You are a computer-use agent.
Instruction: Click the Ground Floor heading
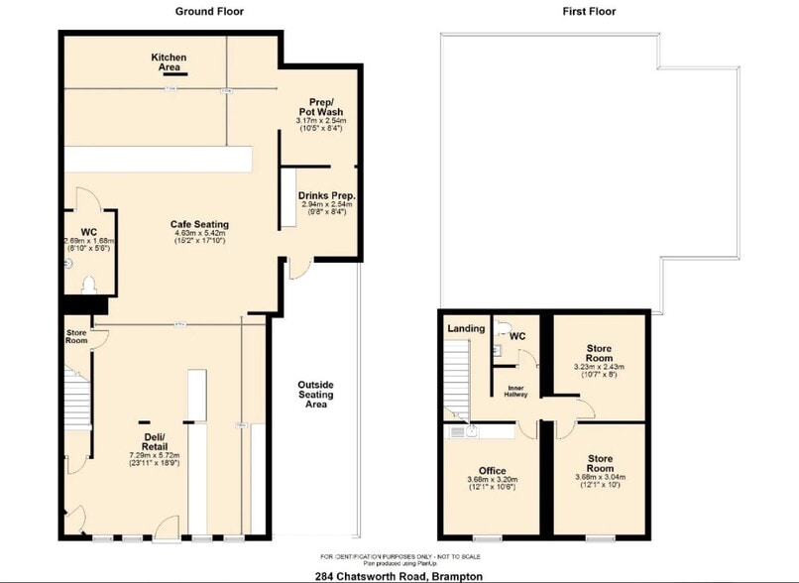tap(209, 12)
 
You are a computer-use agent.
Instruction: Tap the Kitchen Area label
tap(169, 62)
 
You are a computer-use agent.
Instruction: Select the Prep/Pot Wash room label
tap(320, 106)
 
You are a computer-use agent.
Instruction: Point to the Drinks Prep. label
tap(326, 196)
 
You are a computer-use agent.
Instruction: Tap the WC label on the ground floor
tap(88, 227)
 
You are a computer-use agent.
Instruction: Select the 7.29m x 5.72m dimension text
tap(155, 456)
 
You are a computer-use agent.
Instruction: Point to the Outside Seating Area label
tap(316, 394)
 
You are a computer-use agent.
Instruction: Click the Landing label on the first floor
tap(466, 328)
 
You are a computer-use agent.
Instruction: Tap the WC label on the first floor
tap(516, 336)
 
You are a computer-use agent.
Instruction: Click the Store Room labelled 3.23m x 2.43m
tap(598, 354)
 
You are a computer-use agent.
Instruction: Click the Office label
tap(492, 471)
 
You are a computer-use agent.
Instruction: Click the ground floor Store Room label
tap(76, 335)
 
